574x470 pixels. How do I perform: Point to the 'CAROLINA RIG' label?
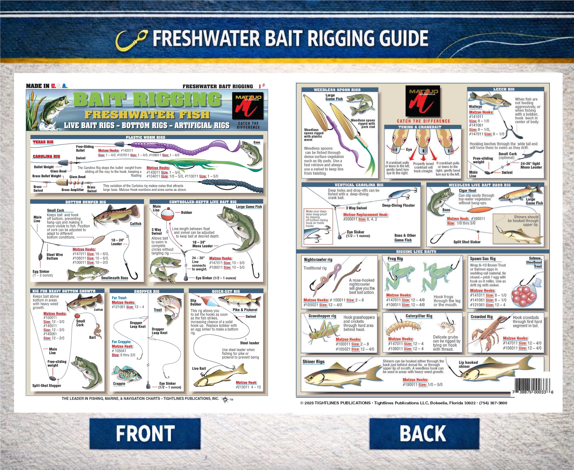pos(46,156)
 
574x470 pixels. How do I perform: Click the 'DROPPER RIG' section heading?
pos(147,291)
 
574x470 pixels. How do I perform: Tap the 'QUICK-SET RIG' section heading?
pos(226,291)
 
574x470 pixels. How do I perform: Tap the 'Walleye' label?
pos(476,107)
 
